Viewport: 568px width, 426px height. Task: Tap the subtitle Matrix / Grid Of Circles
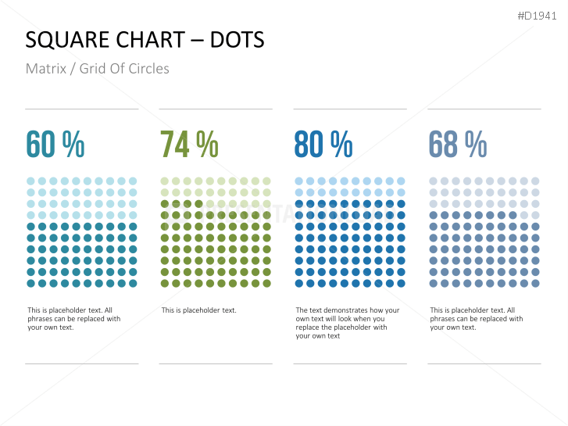pos(97,69)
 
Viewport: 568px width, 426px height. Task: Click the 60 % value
pos(55,145)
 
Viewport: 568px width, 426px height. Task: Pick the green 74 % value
pos(189,145)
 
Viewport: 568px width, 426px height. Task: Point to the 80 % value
pos(323,145)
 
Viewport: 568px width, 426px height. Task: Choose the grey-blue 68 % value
pos(457,145)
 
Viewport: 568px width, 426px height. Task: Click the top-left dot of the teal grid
pos(30,181)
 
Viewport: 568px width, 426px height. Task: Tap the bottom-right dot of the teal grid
pos(133,284)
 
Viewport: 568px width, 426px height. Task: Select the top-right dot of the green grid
pos(267,181)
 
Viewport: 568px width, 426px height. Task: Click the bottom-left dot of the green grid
pos(165,284)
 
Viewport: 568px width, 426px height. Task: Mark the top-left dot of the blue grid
pos(299,181)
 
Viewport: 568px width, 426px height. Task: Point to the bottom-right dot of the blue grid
pos(402,284)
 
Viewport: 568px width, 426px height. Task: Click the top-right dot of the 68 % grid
pos(535,181)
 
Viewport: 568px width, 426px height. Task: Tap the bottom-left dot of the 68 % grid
pos(434,284)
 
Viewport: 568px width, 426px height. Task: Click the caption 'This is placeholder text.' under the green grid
pos(198,310)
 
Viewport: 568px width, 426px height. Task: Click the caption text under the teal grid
pos(73,319)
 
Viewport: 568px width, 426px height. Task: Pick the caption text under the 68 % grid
pos(476,319)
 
